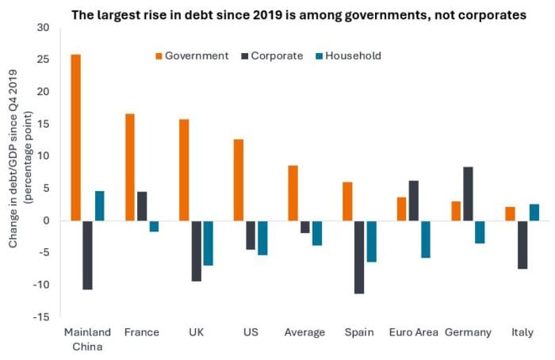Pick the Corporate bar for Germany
[x=468, y=193]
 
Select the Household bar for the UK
[x=208, y=243]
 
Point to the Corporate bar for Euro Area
[x=413, y=201]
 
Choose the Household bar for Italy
[x=534, y=213]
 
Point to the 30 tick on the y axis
[x=42, y=28]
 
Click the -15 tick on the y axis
[x=40, y=317]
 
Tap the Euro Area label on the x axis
[x=412, y=332]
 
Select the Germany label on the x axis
[x=468, y=332]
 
